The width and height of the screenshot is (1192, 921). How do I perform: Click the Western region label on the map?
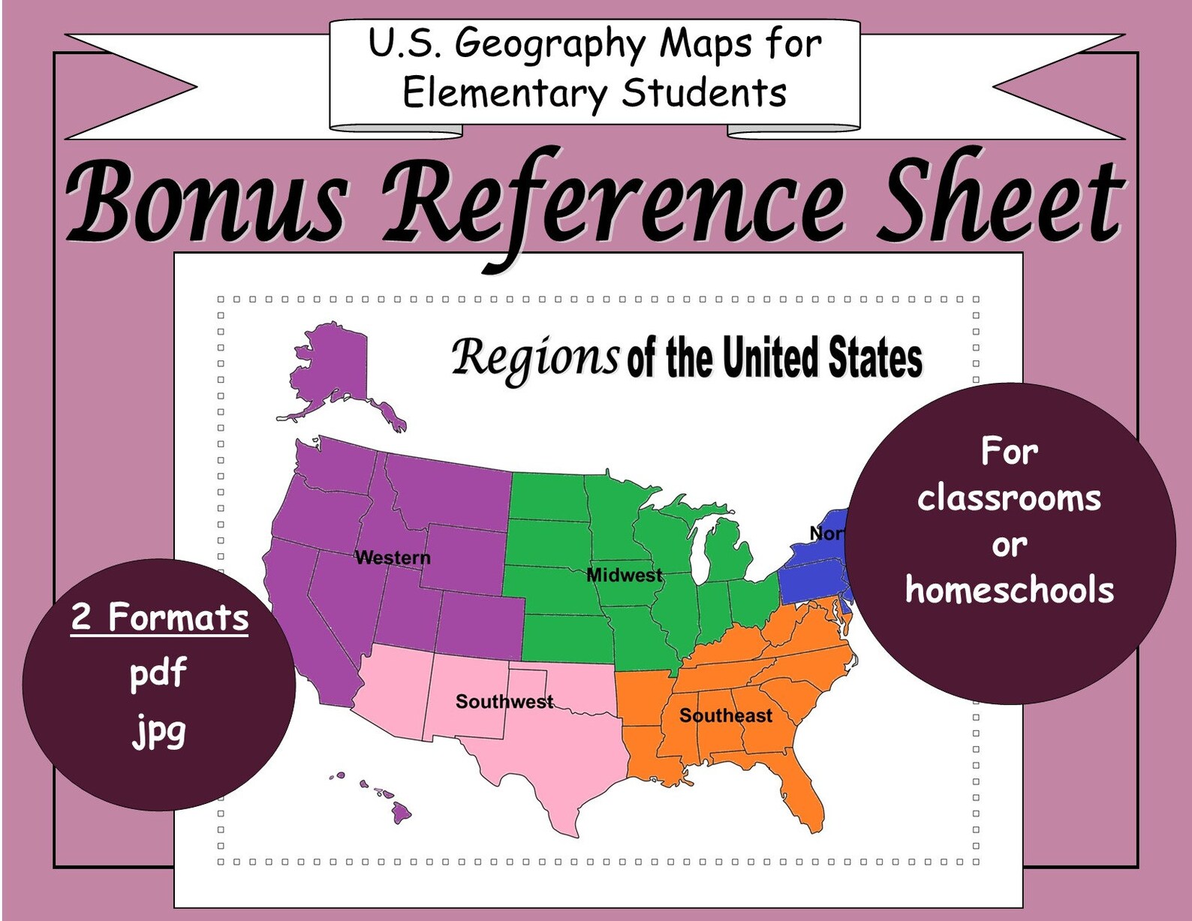[393, 558]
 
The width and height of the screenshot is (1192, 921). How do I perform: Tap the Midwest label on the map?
[624, 576]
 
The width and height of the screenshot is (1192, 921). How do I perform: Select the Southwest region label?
[504, 702]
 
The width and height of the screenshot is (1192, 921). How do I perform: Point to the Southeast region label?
[725, 715]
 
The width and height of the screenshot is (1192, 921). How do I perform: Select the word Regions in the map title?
[535, 357]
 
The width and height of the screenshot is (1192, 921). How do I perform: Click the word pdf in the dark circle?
[158, 673]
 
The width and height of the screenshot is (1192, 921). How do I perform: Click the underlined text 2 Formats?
[159, 619]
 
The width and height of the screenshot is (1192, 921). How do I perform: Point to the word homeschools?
[1009, 590]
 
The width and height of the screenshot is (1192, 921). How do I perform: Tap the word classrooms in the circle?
[1009, 498]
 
